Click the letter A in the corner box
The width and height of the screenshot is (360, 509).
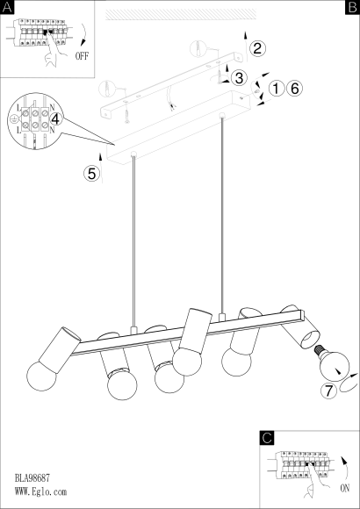click(x=7, y=7)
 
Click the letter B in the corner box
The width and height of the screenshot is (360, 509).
click(x=352, y=7)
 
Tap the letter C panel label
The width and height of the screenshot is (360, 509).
click(x=267, y=438)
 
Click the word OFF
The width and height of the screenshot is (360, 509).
click(x=82, y=56)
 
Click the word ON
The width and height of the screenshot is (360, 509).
click(x=345, y=488)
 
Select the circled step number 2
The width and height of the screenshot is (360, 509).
click(x=257, y=48)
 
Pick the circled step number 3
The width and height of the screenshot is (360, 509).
click(x=239, y=78)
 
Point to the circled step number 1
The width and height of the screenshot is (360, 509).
click(x=277, y=89)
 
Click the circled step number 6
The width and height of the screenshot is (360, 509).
click(x=294, y=89)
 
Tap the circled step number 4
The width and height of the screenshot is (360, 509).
click(x=55, y=119)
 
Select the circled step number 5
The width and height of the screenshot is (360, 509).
click(x=92, y=174)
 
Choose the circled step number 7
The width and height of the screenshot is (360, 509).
click(x=328, y=391)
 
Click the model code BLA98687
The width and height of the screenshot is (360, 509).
click(x=32, y=477)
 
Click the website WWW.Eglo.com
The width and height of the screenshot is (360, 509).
click(x=40, y=491)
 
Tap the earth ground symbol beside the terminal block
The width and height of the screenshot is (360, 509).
click(x=13, y=119)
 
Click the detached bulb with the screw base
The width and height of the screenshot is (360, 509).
click(x=332, y=362)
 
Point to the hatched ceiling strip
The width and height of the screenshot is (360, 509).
click(x=181, y=15)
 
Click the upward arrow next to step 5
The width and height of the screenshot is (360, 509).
click(x=101, y=168)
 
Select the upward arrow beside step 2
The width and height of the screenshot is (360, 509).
click(x=246, y=47)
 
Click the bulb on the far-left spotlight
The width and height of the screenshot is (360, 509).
click(x=41, y=376)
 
